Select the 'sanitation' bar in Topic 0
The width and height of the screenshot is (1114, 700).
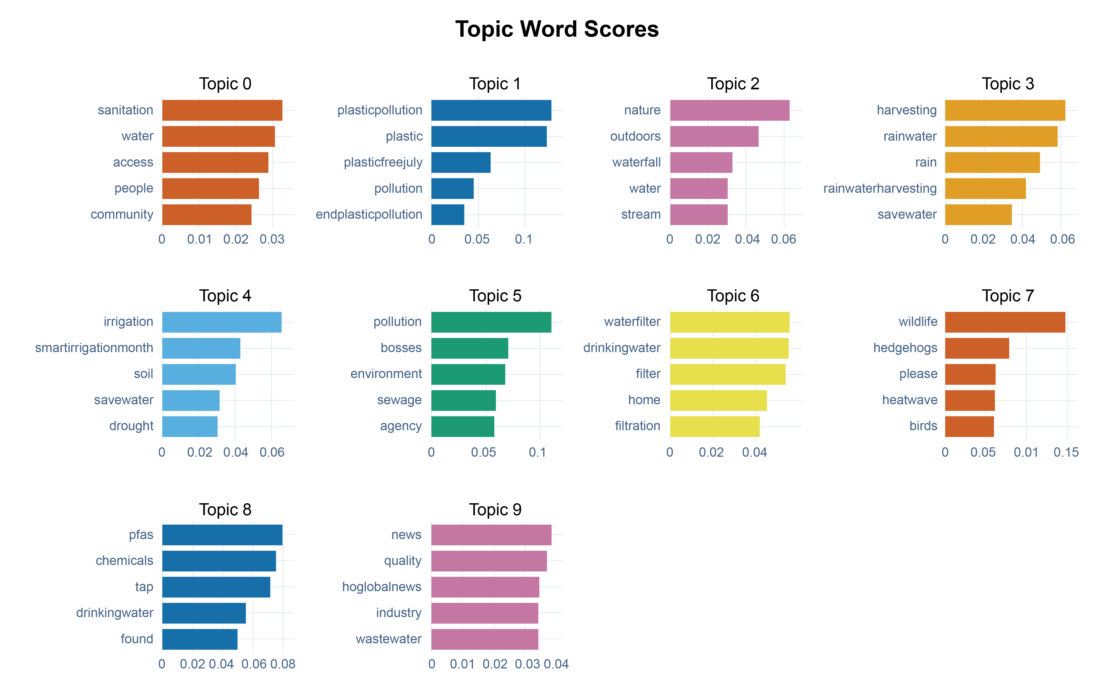(222, 110)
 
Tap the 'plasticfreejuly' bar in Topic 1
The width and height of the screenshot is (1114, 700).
(461, 162)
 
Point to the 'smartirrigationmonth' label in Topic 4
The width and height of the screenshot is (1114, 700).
(94, 348)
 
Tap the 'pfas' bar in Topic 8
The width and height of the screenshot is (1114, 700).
(222, 535)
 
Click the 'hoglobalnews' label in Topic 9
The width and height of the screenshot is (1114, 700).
(382, 587)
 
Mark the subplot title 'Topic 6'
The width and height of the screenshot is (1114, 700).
(733, 296)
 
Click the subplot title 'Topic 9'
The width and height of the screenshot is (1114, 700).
(495, 509)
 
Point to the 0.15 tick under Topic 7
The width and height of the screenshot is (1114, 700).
(1066, 452)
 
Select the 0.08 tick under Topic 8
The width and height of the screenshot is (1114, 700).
(283, 664)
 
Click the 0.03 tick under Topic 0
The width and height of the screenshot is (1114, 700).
(272, 239)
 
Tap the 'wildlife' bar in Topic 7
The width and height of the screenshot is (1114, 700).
(1005, 322)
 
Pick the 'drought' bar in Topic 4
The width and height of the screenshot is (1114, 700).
(190, 426)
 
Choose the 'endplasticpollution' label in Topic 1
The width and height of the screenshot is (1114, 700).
(369, 215)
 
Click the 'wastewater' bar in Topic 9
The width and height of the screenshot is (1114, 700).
(484, 639)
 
